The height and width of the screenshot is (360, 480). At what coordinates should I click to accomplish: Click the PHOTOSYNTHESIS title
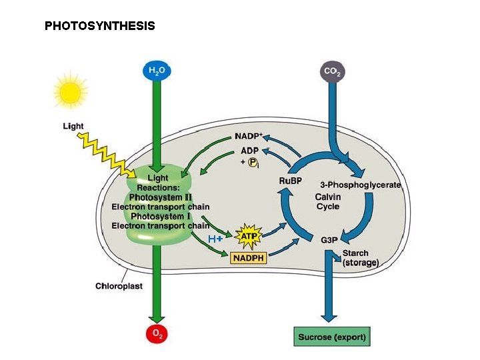[99, 26]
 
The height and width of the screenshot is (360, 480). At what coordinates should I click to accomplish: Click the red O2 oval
[156, 335]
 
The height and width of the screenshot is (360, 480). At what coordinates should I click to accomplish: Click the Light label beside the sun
[73, 126]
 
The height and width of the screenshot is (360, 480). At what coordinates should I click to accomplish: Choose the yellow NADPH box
[249, 257]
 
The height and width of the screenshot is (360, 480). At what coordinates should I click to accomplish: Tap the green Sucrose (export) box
[331, 337]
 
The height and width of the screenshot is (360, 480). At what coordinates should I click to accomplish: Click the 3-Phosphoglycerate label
[360, 185]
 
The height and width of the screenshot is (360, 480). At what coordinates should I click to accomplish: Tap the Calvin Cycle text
[327, 201]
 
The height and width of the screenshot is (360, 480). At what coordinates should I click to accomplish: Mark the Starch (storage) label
[360, 258]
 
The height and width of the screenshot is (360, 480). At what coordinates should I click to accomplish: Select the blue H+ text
[215, 239]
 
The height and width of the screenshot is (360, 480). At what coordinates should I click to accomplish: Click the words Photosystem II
[160, 197]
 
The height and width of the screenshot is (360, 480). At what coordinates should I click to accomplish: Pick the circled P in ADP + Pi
[253, 162]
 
